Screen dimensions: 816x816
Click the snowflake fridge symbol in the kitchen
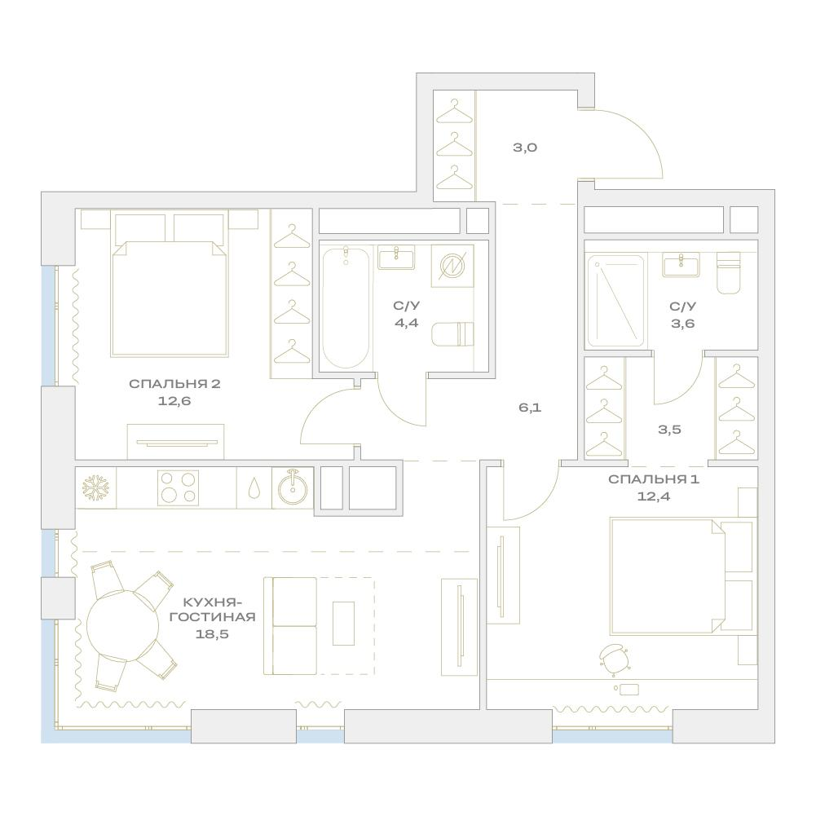click(95, 487)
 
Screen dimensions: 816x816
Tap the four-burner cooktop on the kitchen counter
click(178, 487)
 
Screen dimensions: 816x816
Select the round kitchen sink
click(293, 487)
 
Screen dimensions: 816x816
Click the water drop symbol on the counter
click(254, 488)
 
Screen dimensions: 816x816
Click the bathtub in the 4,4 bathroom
click(346, 308)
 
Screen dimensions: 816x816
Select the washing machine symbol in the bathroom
click(452, 266)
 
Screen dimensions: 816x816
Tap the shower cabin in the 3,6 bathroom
click(615, 301)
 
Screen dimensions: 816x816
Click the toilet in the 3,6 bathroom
click(729, 273)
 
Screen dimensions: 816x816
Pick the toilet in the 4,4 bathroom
click(453, 334)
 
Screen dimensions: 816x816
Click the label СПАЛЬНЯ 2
click(174, 384)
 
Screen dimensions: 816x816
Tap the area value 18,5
click(212, 634)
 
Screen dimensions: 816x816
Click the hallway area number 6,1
click(530, 408)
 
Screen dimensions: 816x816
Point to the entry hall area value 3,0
click(525, 148)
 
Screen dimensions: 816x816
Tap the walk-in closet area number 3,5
click(669, 430)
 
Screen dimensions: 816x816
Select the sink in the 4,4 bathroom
click(396, 258)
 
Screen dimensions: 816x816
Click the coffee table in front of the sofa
click(343, 624)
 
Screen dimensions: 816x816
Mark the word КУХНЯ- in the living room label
click(212, 602)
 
